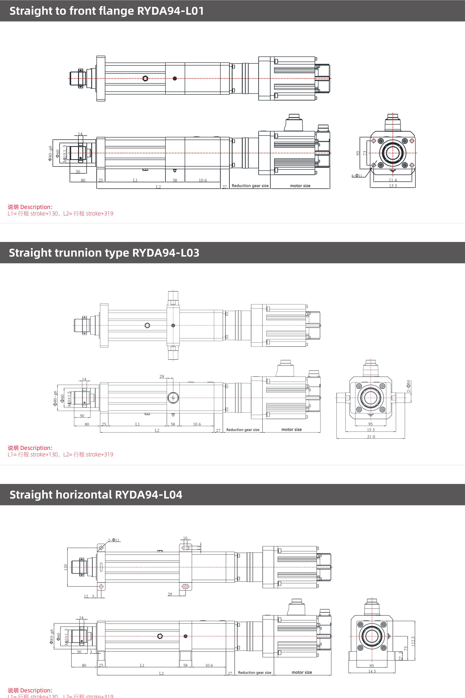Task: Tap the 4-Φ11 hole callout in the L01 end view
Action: (x=357, y=176)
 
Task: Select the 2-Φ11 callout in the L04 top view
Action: (x=114, y=540)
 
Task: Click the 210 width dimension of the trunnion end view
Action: (x=371, y=437)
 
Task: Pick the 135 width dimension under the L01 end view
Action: (x=393, y=186)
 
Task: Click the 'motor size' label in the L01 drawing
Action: (x=300, y=186)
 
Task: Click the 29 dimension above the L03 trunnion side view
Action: (x=162, y=377)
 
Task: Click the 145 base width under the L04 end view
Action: (x=372, y=671)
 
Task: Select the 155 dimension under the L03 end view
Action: (x=371, y=430)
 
